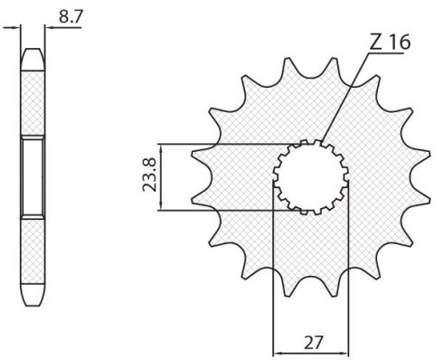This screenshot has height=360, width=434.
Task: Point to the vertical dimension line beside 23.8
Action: [x=160, y=176]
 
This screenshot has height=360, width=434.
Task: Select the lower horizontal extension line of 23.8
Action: [x=226, y=210]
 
